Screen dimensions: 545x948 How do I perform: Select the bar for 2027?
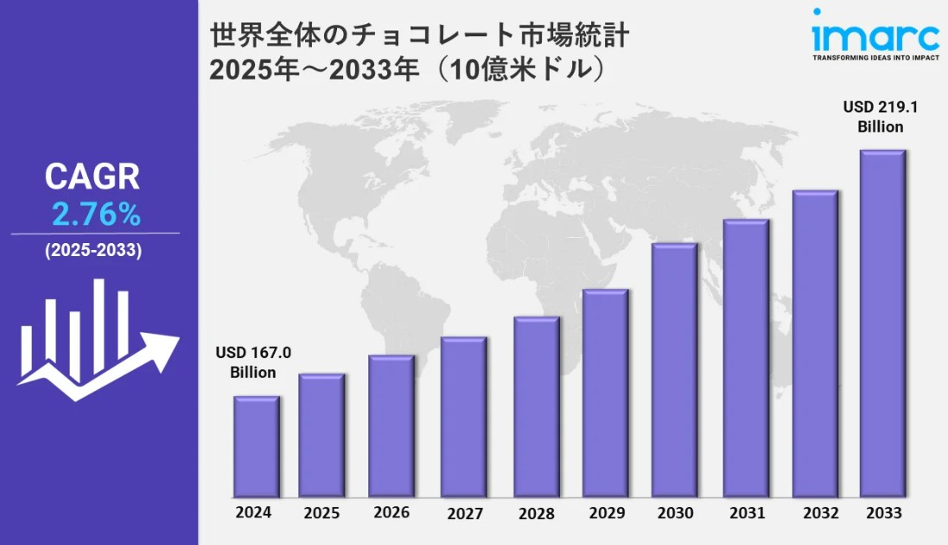click(463, 417)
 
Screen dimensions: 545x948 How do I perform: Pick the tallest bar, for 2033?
click(882, 324)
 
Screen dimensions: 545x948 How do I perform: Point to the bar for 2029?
click(605, 393)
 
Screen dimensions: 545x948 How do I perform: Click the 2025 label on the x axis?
click(322, 513)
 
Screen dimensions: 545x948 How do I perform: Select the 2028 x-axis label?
click(537, 513)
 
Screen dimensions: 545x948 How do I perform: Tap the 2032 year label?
click(820, 513)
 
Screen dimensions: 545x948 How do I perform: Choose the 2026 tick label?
click(391, 512)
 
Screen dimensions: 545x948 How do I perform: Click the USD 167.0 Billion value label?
click(253, 362)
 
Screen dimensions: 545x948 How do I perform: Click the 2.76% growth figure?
click(96, 214)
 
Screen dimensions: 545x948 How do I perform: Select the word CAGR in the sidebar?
click(92, 177)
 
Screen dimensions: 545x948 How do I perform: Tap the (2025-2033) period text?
click(93, 251)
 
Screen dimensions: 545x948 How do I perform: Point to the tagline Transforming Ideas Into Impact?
click(875, 58)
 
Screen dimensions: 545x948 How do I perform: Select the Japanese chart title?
click(419, 53)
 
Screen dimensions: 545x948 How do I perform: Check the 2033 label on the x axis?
click(883, 513)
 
